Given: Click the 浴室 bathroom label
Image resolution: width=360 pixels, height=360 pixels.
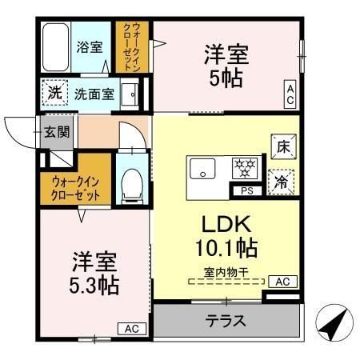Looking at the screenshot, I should (89, 46).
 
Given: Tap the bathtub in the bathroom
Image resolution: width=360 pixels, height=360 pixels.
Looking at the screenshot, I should (55, 47).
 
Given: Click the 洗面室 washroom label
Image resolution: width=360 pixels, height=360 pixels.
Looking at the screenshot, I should (94, 94).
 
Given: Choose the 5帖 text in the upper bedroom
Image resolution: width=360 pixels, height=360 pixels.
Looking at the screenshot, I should (226, 80).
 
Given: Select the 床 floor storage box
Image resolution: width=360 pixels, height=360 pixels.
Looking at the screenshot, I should (282, 146).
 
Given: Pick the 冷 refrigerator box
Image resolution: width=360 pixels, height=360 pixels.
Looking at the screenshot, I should (282, 179).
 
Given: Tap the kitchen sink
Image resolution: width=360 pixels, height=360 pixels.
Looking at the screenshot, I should (202, 170).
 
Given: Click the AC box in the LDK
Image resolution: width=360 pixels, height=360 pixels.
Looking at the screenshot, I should (282, 282).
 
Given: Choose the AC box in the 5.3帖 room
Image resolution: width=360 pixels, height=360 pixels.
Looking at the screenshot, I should (132, 328).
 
